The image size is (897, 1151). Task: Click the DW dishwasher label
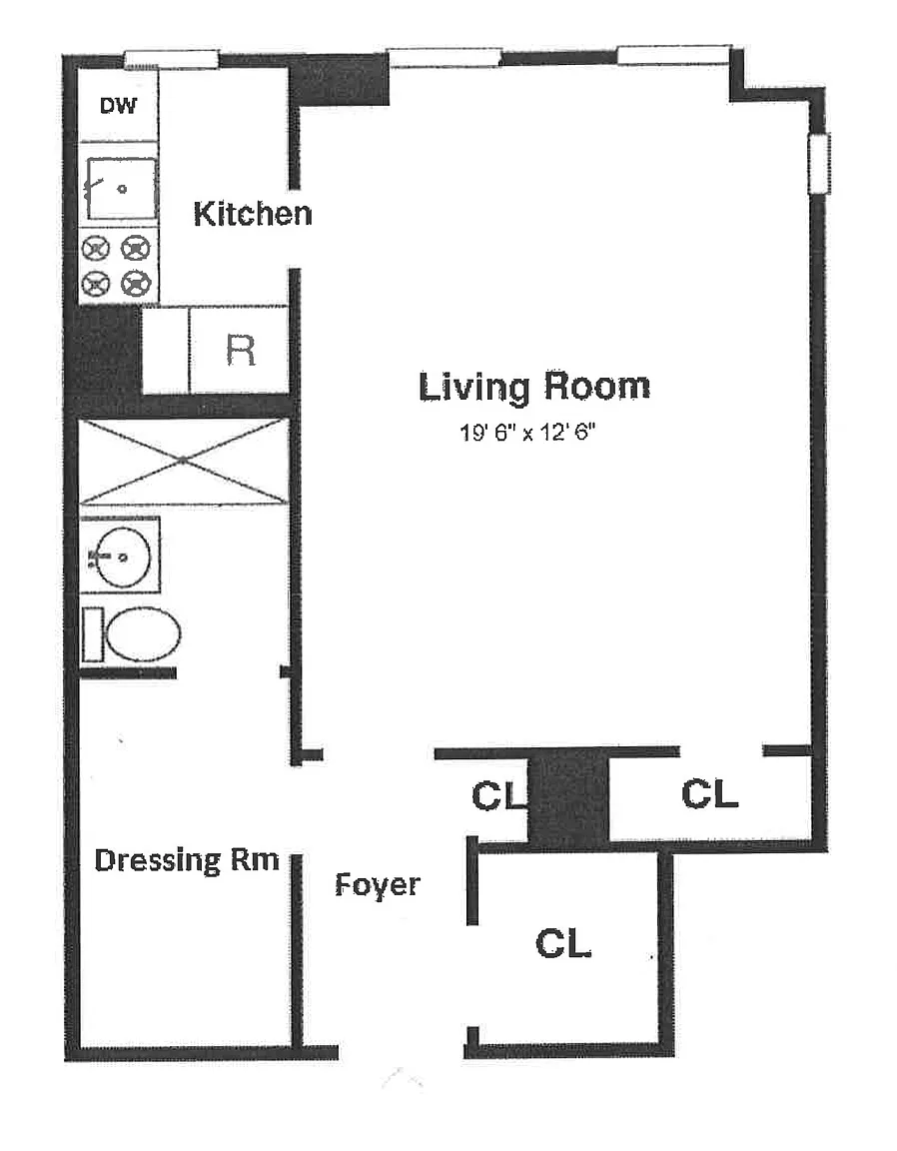[118, 106]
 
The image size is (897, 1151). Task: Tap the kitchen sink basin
[121, 189]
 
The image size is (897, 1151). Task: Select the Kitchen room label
[253, 214]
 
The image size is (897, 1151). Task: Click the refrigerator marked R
[239, 350]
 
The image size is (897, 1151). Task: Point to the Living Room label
[534, 387]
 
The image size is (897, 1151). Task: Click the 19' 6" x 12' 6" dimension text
[527, 433]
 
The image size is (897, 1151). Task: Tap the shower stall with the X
[183, 461]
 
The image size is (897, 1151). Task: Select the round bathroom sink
[123, 558]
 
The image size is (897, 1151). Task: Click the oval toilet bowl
[144, 634]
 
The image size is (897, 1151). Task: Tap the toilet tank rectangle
[93, 634]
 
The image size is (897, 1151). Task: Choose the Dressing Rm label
[187, 860]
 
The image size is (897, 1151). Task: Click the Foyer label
[378, 885]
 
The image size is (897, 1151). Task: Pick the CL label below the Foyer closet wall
[563, 943]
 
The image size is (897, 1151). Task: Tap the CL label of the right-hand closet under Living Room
[709, 793]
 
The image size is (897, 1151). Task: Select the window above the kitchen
[171, 59]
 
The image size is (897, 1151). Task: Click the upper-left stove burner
[96, 249]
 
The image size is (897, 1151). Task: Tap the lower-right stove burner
[136, 283]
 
